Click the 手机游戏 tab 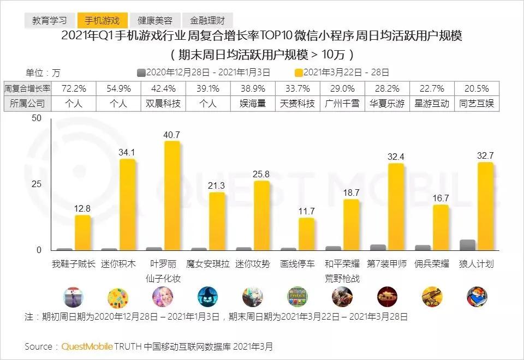[x=102, y=21]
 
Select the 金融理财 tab [x=207, y=21]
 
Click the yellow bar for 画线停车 [x=306, y=234]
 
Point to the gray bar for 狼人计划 [x=467, y=245]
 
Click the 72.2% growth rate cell [x=73, y=88]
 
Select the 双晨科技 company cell [x=163, y=103]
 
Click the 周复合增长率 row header [x=27, y=88]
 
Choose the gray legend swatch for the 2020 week [x=141, y=72]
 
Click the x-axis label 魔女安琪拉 [x=208, y=264]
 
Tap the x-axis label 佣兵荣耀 [x=432, y=264]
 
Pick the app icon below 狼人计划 [x=477, y=297]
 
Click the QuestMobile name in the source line [x=87, y=346]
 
